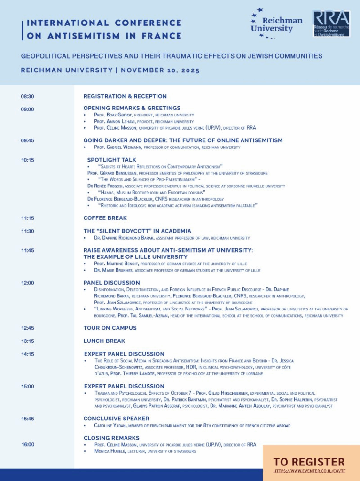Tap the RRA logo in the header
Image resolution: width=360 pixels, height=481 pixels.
[x=331, y=23]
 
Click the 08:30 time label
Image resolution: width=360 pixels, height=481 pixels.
[x=27, y=96]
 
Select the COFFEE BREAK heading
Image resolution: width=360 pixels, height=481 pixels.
[x=105, y=218]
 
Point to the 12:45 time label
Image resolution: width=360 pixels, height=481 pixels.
[x=27, y=328]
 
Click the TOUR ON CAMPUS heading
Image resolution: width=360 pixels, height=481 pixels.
[x=110, y=328]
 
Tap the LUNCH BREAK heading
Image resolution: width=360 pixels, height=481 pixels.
[x=104, y=341]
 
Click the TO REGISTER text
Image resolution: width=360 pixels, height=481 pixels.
[x=309, y=462]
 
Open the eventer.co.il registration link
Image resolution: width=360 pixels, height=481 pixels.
[x=309, y=470]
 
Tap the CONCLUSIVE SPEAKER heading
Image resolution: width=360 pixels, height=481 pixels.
[x=116, y=418]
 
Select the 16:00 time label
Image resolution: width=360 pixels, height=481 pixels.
[x=27, y=444]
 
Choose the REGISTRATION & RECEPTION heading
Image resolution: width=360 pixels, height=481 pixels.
[x=125, y=96]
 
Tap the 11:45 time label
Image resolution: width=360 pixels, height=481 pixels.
[x=27, y=250]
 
